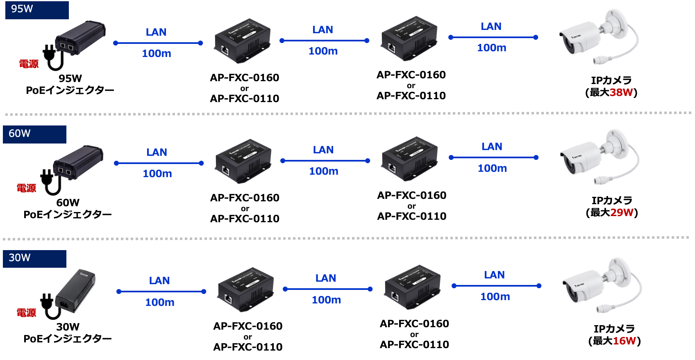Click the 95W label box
[37, 10]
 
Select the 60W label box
[34, 134]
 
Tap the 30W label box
[34, 259]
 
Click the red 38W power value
[621, 92]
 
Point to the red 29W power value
[622, 212]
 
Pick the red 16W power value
[624, 341]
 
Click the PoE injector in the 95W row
[80, 38]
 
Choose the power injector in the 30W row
[76, 291]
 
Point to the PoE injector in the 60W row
[78, 162]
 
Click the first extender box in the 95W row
[243, 41]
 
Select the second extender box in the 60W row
[409, 159]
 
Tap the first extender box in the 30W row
[245, 289]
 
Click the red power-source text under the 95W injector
[29, 64]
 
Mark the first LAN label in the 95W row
[156, 32]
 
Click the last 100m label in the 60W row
[492, 168]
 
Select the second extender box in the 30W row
[412, 287]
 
